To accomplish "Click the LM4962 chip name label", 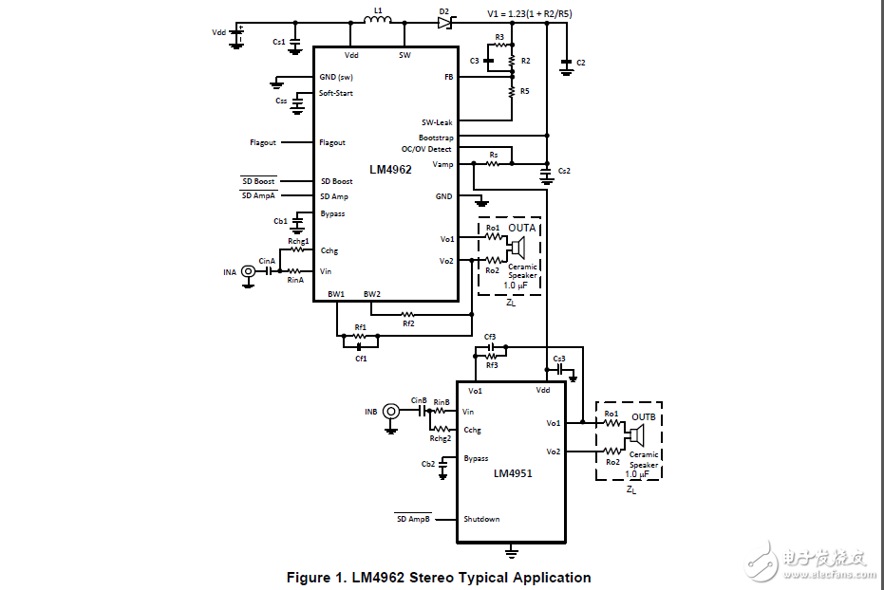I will (390, 169).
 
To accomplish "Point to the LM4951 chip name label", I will (513, 472).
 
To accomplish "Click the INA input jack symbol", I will (249, 272).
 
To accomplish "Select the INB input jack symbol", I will (390, 412).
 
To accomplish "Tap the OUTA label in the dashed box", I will (522, 229).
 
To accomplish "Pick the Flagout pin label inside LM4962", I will (332, 142).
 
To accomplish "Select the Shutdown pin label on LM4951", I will (481, 519).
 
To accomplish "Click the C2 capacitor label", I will (581, 63).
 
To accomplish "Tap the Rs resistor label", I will (493, 154).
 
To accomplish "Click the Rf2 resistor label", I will (407, 323).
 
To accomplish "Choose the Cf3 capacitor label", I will (490, 337).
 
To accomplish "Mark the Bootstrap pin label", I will (436, 137).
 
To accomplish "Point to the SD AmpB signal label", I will (413, 519).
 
